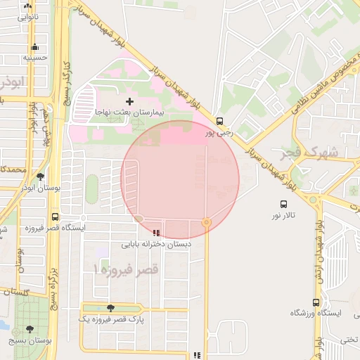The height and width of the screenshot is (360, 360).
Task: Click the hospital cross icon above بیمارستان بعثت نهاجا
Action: [x=129, y=102]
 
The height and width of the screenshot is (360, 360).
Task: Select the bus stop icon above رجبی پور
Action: [x=220, y=120]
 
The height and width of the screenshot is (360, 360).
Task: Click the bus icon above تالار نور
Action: [x=284, y=203]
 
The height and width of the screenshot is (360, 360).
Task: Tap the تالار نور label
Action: [x=285, y=214]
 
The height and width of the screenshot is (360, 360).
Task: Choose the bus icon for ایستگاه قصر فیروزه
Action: [x=56, y=217]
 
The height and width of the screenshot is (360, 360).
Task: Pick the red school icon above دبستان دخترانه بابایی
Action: [x=155, y=233]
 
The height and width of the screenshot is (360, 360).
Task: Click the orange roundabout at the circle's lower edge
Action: [x=206, y=222]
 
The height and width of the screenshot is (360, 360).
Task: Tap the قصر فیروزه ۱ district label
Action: [x=127, y=270]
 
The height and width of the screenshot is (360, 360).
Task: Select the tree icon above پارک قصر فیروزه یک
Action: [x=110, y=308]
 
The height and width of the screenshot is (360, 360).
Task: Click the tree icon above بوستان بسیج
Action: [x=30, y=329]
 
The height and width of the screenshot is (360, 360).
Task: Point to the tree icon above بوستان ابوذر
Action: [x=40, y=177]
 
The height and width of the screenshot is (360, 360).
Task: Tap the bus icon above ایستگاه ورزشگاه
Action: [x=316, y=302]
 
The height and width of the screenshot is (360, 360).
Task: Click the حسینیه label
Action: [x=35, y=58]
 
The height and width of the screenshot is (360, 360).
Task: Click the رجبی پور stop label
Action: [x=219, y=132]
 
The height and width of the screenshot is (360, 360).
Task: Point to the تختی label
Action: [x=349, y=340]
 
